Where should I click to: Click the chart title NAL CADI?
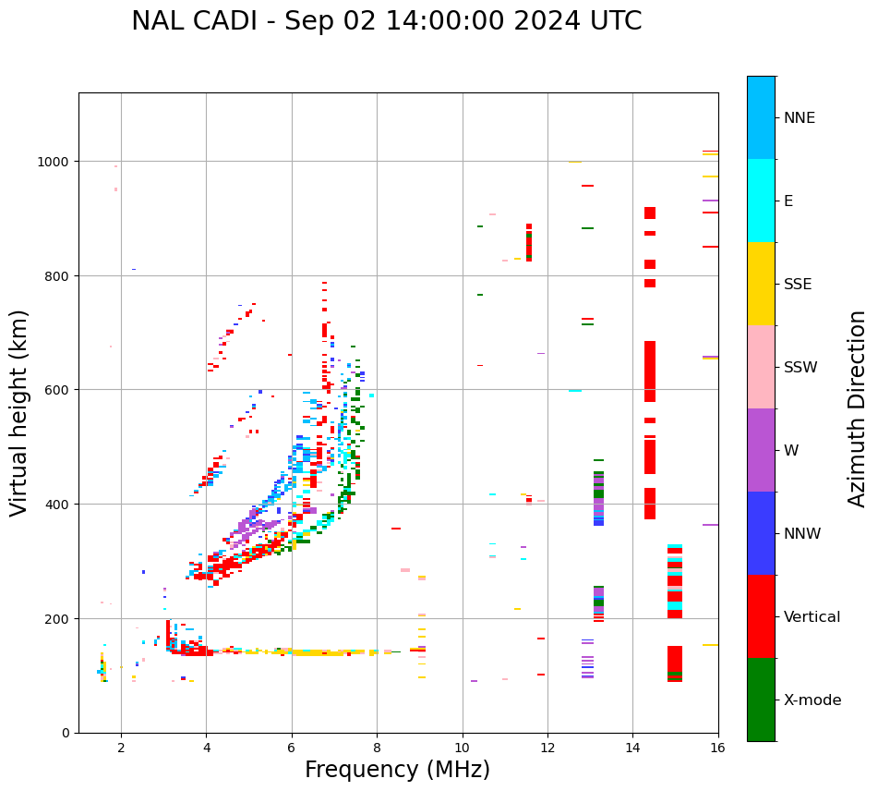coord(386,21)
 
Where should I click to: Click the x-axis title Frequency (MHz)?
coord(397,770)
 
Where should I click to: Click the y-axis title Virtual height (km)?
coord(19,412)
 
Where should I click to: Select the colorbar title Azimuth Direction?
coord(858,408)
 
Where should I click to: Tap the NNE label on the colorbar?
coord(800,117)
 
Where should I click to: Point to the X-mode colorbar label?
coord(812,700)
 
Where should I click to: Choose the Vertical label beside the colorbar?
coord(812,617)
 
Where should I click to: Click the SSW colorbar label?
coord(800,368)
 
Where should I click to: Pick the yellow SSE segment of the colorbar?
coord(761,284)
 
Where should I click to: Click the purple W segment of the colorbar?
coord(761,450)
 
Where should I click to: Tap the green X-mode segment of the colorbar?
coord(761,700)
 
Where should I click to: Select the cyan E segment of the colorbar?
coord(761,201)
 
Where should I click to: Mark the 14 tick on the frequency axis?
coord(632,748)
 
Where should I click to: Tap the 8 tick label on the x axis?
coord(377,748)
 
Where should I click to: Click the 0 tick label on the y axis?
coord(66,733)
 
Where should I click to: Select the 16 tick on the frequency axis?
coord(717,748)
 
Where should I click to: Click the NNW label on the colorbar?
coord(802,534)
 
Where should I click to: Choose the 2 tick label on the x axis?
coord(121,748)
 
